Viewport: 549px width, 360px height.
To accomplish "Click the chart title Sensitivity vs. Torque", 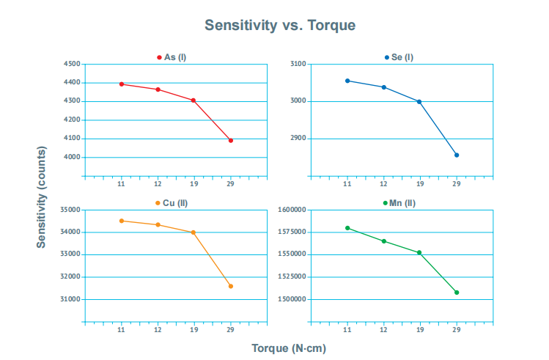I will [279, 25].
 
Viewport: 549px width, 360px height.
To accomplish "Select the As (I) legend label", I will [175, 57].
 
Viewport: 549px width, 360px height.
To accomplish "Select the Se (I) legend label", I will [402, 57].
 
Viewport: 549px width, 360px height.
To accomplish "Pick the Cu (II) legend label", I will [174, 203].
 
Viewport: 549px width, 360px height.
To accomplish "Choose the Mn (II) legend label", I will [402, 203].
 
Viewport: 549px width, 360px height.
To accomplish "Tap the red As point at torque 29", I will [230, 140].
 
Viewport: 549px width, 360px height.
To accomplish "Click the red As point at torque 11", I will [121, 84].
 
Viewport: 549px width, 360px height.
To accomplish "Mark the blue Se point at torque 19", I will [419, 102].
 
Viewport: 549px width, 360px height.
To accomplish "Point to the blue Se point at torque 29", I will [457, 155].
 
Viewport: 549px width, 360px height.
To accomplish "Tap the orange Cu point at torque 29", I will [230, 286].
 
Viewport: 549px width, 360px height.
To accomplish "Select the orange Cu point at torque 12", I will [158, 224].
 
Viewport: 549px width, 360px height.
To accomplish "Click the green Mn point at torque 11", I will [347, 228].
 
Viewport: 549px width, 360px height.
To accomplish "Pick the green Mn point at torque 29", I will [457, 293].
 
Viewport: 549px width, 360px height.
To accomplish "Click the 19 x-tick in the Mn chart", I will [419, 330].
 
